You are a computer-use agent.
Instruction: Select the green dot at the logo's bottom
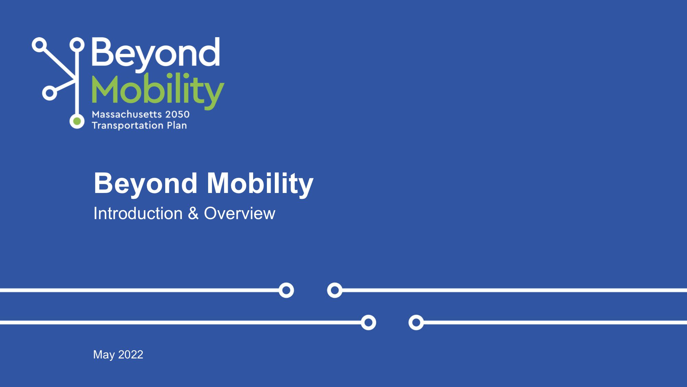coord(77,121)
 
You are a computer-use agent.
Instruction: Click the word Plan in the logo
coord(177,125)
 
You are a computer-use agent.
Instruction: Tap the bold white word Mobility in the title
coord(260,183)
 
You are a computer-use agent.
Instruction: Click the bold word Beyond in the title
coord(146,183)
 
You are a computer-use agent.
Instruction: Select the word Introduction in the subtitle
coord(138,213)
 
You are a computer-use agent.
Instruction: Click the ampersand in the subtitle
coord(193,213)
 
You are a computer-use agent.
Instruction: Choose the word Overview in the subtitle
coord(239,213)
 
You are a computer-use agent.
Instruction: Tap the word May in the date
coord(104,355)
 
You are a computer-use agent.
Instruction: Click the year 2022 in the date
coord(131,354)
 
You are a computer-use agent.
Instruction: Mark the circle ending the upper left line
coord(286,290)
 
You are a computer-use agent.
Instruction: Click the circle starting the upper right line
coord(335,290)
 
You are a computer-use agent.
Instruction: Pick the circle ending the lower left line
coord(368,322)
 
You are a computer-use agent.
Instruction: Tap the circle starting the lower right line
coord(416,322)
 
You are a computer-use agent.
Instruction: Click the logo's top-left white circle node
coord(40,45)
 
